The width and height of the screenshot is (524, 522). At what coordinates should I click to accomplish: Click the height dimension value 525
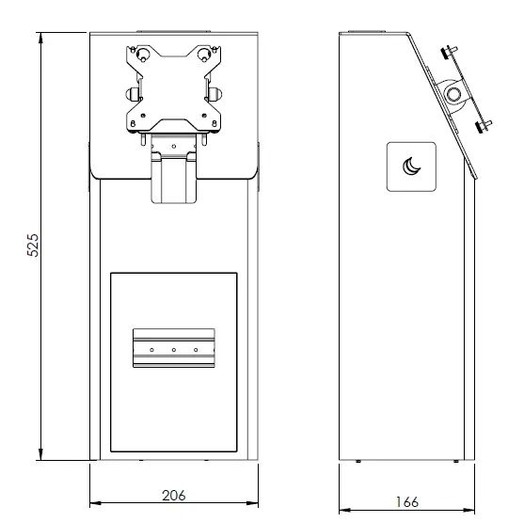tap(32, 246)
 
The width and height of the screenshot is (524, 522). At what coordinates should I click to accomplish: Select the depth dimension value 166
tap(407, 502)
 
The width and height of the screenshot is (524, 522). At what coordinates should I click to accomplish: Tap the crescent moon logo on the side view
tap(411, 166)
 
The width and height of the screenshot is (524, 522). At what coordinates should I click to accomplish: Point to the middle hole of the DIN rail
tap(175, 350)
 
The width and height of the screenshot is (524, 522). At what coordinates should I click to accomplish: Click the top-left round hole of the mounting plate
tap(143, 55)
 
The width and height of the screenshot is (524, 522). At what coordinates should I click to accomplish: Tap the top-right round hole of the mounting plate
tap(206, 55)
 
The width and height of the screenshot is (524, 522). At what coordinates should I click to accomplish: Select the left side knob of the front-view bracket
tap(128, 92)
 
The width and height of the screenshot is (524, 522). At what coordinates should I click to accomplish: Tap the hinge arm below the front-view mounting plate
tap(174, 174)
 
